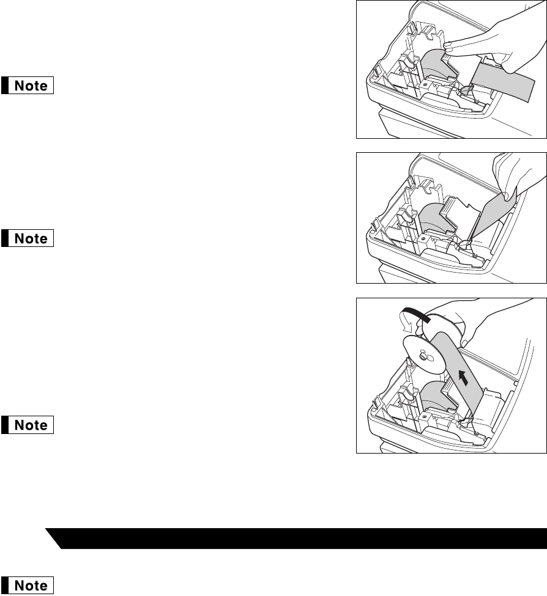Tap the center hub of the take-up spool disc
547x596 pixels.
point(424,356)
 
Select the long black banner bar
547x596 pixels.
point(296,538)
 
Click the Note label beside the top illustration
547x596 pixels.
point(28,86)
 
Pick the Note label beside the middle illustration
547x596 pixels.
point(28,238)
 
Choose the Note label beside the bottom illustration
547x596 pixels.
point(28,425)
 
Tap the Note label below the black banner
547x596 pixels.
point(28,586)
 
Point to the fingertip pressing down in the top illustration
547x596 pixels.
point(450,46)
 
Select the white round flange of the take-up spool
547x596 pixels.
point(424,355)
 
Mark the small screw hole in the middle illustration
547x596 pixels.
point(422,240)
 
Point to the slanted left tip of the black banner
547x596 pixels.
point(46,528)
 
